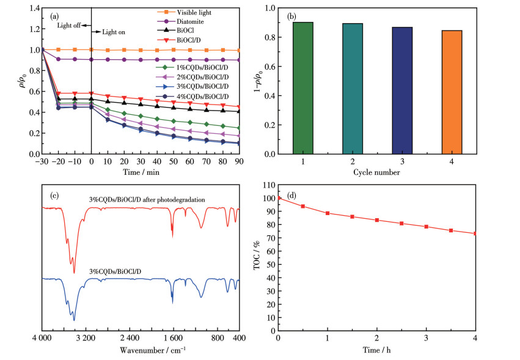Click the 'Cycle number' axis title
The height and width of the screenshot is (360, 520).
pyautogui.click(x=376, y=173)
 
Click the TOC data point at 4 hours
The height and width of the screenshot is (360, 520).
pyautogui.click(x=475, y=233)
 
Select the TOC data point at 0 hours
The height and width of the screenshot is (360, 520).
pyautogui.click(x=279, y=198)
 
